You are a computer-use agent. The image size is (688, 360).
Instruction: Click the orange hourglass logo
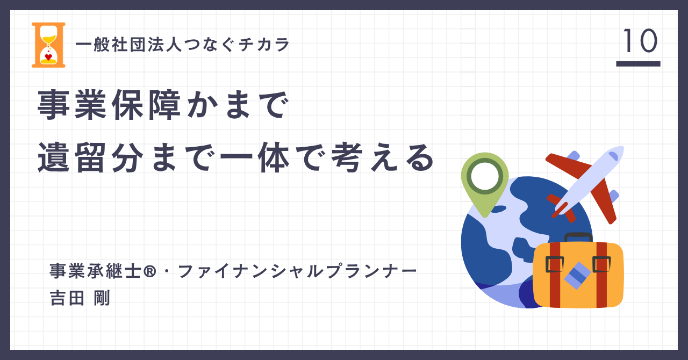coord(48,45)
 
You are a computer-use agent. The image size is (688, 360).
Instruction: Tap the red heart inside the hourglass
coord(48,57)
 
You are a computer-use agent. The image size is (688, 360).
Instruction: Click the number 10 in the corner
coord(640,41)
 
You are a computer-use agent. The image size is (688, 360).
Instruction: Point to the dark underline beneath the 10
coord(638,63)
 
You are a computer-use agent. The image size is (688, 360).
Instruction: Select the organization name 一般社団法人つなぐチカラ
coord(182,45)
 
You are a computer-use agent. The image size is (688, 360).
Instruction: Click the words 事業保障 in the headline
coord(109,105)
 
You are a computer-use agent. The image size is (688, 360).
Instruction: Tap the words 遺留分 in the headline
coord(91,157)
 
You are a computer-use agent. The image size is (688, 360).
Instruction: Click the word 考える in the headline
coord(382,157)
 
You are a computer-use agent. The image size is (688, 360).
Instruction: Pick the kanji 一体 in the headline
coord(255,157)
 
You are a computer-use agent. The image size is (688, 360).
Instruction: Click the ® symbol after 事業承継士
coord(149,271)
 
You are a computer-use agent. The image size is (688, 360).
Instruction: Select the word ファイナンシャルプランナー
coord(297,271)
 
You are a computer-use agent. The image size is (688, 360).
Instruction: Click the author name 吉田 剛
coord(80,298)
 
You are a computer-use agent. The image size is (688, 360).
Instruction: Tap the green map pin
coord(485,184)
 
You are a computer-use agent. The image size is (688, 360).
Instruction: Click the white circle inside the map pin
coord(485,176)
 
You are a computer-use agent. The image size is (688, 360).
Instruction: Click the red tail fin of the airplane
coord(561,207)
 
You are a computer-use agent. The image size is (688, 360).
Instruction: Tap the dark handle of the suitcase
coord(578,237)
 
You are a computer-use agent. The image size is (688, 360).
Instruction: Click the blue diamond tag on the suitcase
coord(577,276)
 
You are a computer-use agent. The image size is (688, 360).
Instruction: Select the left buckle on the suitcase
coord(554,264)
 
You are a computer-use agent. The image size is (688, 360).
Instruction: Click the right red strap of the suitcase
coord(601,275)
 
